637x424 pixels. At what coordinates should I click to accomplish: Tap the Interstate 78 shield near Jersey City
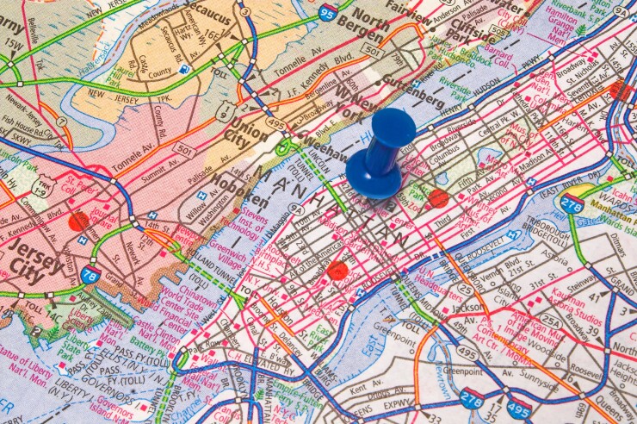90,275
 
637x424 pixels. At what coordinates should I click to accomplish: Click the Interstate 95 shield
326,11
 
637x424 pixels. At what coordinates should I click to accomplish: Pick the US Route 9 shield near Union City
224,109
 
